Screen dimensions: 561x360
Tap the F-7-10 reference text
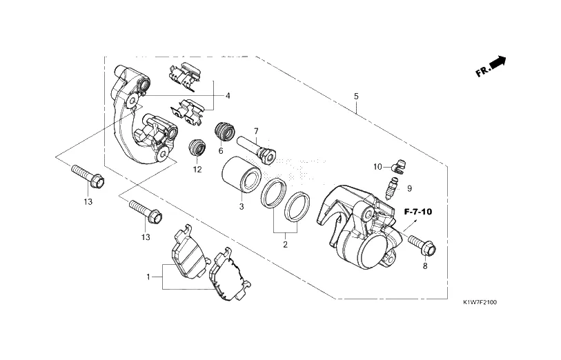pos(418,212)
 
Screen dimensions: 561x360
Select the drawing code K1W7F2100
pos(480,303)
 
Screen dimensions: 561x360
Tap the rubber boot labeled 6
pos(225,132)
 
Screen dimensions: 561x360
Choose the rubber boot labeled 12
pos(197,147)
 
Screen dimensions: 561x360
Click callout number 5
pos(356,96)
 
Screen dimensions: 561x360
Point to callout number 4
pos(228,96)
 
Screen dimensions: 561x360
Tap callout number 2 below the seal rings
pos(285,245)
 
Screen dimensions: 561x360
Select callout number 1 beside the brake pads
pos(148,277)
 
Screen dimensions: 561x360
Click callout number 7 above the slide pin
pos(256,131)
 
